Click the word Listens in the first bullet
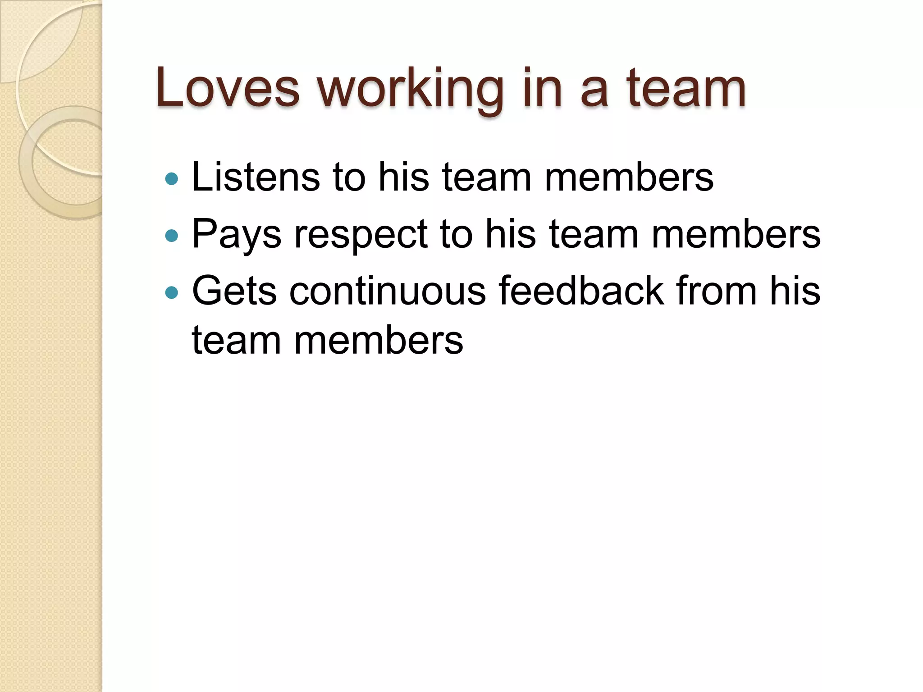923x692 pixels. pos(256,178)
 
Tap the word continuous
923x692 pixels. pos(388,291)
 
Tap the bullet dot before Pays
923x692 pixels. pos(172,236)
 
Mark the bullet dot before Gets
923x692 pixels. pos(172,293)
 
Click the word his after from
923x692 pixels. pos(795,291)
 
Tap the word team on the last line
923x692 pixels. pos(236,341)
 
